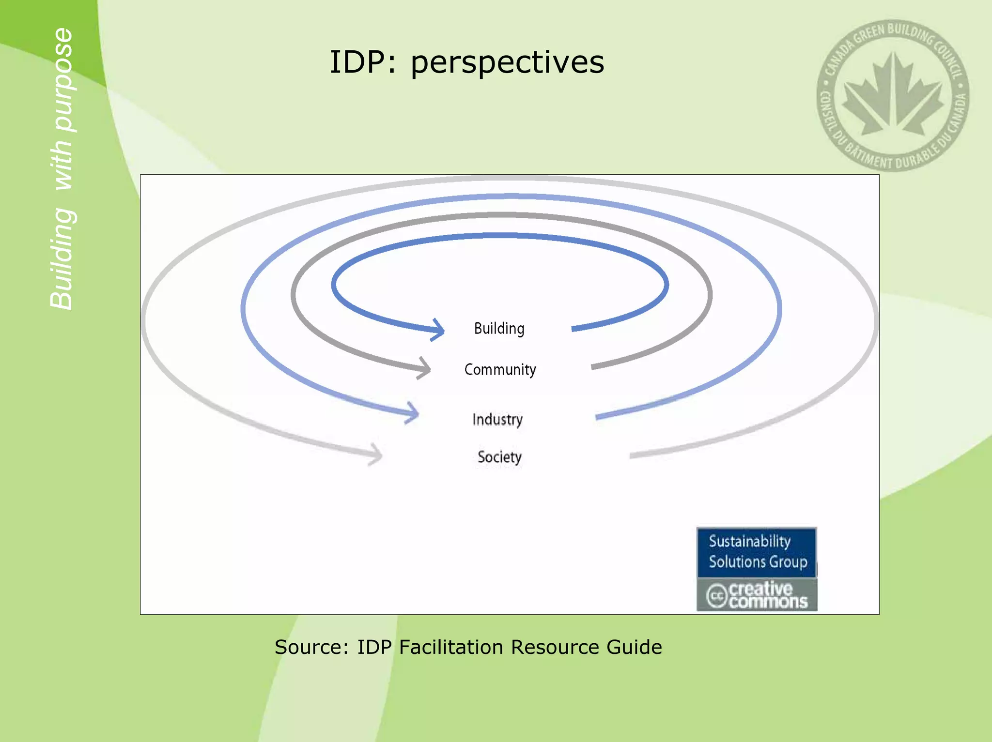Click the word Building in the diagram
pos(499,329)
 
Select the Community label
pos(500,370)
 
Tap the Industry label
pos(497,419)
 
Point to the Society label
pos(499,457)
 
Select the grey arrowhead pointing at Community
pos(425,369)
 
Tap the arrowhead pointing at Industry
pos(413,413)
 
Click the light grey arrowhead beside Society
pos(376,454)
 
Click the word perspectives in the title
pos(507,63)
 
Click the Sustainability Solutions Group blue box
pos(757,552)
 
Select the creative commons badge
pos(757,595)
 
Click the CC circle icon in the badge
pos(717,595)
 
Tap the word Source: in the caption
pos(311,647)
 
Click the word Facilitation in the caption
pos(451,647)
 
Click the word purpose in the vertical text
pos(63,80)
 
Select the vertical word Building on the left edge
pos(62,259)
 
